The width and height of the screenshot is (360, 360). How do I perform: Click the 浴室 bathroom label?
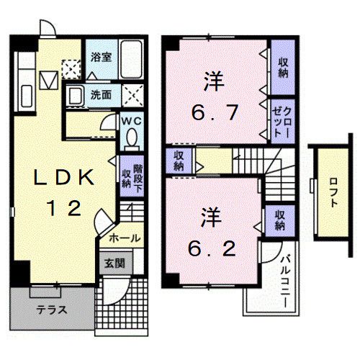(100, 56)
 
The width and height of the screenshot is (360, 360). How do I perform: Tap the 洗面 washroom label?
(101, 94)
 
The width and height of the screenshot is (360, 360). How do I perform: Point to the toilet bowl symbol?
(130, 136)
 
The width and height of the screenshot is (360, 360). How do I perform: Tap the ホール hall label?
(125, 238)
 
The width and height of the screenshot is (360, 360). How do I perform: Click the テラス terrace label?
(52, 310)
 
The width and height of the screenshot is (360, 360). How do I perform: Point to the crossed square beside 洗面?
(132, 95)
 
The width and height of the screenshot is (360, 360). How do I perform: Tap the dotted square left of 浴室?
(71, 68)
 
